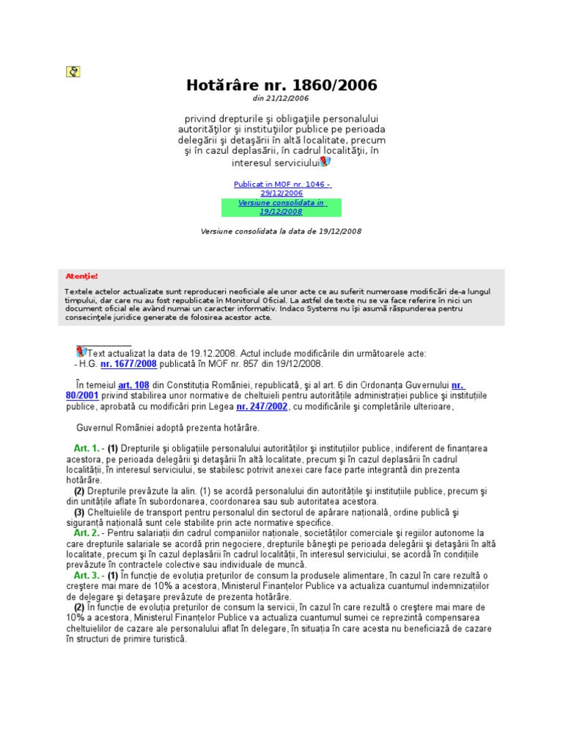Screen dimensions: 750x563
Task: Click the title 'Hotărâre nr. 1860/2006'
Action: pos(281,86)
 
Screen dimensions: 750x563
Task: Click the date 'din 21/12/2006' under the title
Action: pos(281,98)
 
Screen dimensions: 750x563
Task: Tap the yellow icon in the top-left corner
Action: pos(73,71)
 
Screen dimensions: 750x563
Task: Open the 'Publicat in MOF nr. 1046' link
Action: pos(281,188)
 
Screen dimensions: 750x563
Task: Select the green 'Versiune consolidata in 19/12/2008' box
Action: pos(281,207)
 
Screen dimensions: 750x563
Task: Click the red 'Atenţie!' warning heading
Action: pos(81,276)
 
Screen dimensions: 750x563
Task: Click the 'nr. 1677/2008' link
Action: pos(128,363)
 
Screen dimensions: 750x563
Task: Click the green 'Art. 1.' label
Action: pos(86,448)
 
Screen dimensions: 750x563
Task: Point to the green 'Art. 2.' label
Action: pos(86,533)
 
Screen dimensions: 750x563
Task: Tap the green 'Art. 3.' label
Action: pos(86,576)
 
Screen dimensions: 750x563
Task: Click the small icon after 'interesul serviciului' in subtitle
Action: pos(325,161)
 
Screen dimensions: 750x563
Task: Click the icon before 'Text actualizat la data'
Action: pos(81,352)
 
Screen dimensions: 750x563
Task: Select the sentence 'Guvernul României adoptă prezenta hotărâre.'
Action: pos(168,427)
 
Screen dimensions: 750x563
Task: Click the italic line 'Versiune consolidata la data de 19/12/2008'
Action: pos(281,231)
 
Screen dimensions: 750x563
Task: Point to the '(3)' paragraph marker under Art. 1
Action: pos(79,512)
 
